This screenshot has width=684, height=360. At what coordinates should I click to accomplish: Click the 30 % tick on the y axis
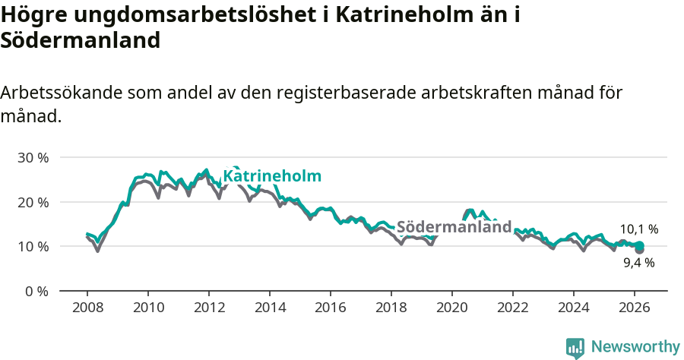tap(33, 158)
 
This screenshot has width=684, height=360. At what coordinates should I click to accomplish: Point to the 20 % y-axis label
tap(33, 202)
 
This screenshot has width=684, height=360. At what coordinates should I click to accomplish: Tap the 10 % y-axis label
tap(33, 247)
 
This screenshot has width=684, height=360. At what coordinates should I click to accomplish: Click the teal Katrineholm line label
tap(272, 176)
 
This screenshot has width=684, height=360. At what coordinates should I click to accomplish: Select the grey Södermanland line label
tap(454, 226)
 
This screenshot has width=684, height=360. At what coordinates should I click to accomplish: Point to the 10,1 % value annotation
tap(638, 229)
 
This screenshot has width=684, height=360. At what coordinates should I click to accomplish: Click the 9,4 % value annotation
tap(638, 263)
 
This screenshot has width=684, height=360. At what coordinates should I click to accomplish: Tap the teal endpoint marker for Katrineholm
tap(640, 245)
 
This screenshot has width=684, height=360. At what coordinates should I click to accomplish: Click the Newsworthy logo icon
tap(575, 348)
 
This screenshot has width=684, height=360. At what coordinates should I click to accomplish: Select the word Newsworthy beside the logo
tap(635, 347)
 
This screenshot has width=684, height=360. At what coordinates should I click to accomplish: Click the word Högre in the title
tap(29, 15)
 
